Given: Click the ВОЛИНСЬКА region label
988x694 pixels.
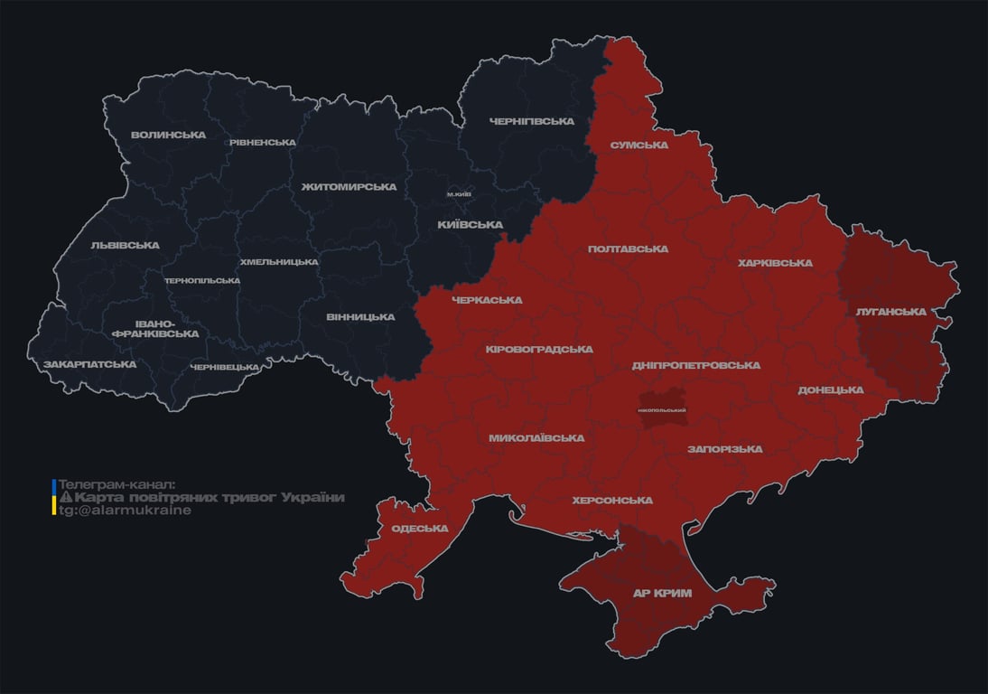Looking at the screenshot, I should coord(168,135).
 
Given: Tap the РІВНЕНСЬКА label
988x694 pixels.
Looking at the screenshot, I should coord(262,142).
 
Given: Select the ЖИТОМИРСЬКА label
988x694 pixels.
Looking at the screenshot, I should coord(349,186).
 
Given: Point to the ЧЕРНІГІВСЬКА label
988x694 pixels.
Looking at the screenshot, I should coord(532,121).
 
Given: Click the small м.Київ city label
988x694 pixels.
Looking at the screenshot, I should coord(459,193).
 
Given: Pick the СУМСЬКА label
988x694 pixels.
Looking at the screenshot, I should coord(638,145).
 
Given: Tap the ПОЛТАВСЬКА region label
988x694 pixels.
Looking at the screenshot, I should coord(628,249).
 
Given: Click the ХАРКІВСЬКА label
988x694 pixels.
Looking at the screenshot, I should coord(775,263).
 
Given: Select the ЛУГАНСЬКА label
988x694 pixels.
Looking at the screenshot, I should coord(890,311).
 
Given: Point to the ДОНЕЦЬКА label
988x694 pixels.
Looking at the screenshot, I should coord(830,389).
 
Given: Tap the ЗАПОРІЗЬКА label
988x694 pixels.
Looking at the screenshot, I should coord(724,448).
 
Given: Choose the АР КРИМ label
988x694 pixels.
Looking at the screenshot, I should coord(662,593).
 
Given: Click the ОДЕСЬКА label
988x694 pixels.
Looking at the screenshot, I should coord(420,529).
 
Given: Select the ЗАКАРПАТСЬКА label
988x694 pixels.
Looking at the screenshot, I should coord(89,364).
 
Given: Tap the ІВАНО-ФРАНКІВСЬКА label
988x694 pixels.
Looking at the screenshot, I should coord(155,328).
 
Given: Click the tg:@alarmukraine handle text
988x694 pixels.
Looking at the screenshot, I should coord(125,510).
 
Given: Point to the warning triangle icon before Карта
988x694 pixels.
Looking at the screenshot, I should coord(65,498).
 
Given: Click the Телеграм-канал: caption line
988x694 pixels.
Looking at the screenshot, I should coord(117,484).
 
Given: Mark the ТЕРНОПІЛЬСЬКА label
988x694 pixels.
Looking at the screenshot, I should coord(201,280).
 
